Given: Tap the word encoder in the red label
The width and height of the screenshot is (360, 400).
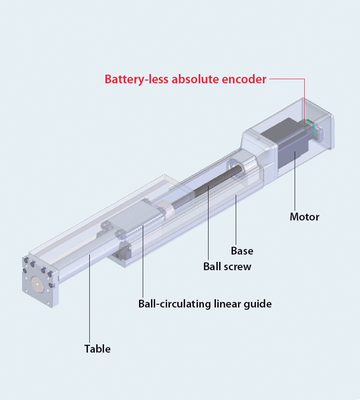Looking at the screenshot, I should click(243, 79).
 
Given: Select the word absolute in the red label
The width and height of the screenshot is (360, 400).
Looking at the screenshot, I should click(194, 79).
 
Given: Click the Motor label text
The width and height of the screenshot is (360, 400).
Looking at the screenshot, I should click(304, 216).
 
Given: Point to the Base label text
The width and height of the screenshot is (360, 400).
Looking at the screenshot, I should click(242, 251).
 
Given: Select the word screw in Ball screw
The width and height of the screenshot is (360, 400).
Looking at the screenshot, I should click(238, 266).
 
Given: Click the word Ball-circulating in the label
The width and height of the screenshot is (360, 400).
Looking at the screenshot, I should click(175, 304).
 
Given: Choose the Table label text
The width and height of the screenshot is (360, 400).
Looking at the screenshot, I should click(97, 348).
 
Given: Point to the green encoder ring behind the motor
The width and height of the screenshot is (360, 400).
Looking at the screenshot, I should click(310, 125).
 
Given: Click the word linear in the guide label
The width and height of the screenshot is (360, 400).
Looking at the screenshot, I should click(229, 304).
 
